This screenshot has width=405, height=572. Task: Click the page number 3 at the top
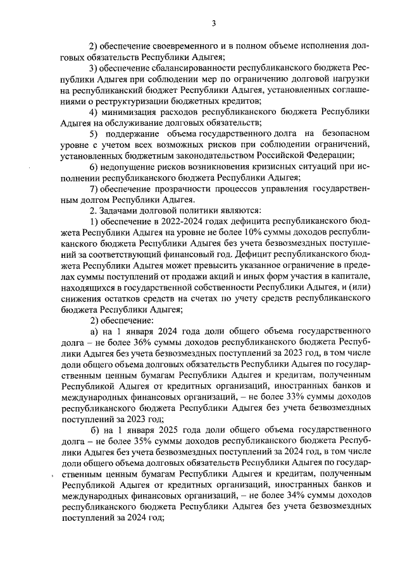click(214, 24)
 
